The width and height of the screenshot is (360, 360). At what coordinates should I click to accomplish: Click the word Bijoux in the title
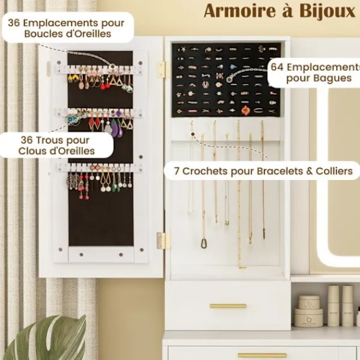pos(328,11)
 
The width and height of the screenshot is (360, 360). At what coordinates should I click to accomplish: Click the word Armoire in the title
pos(239,11)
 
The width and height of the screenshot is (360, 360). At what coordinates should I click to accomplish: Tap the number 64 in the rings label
pos(277,67)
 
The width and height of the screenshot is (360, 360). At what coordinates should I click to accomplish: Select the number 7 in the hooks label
pos(176,171)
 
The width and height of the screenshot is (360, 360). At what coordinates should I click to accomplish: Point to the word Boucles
pos(41,34)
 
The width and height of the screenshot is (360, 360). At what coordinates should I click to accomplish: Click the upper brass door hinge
pos(163,70)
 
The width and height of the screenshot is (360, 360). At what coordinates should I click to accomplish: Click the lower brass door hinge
pos(163,241)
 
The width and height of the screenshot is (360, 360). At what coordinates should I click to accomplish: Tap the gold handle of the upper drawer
pos(228,306)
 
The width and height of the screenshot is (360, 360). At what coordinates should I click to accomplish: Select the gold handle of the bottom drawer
pos(262,356)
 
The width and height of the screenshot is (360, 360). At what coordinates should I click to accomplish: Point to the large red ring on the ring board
pos(245,110)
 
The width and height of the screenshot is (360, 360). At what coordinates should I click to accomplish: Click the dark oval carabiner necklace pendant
pos(203,244)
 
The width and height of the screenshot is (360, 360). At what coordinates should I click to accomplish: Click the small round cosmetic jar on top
pos(309,302)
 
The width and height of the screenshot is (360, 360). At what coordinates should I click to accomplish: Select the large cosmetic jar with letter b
pos(308,318)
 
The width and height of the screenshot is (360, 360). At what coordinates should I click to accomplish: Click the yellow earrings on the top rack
pos(73,78)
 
